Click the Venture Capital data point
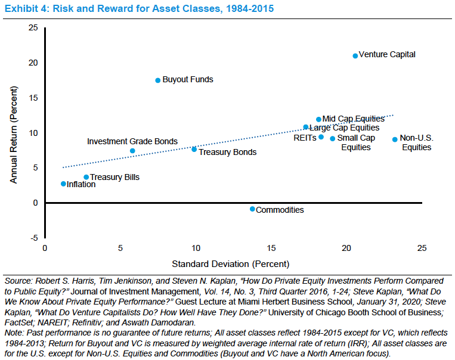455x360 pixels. click(355, 55)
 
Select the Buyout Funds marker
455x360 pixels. click(158, 80)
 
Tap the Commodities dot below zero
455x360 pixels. click(252, 209)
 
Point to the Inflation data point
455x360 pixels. click(63, 184)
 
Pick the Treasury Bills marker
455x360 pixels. click(86, 177)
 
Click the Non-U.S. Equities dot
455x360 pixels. click(395, 139)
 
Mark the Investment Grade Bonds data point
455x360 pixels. click(132, 151)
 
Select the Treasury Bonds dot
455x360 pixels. click(194, 149)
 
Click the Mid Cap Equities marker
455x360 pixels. click(318, 119)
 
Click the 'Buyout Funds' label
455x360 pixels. click(188, 79)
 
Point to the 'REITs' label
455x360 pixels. click(305, 138)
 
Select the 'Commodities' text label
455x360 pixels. click(280, 210)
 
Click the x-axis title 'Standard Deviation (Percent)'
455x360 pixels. click(231, 263)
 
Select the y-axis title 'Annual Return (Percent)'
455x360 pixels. click(14, 133)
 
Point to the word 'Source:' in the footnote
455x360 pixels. click(18, 280)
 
